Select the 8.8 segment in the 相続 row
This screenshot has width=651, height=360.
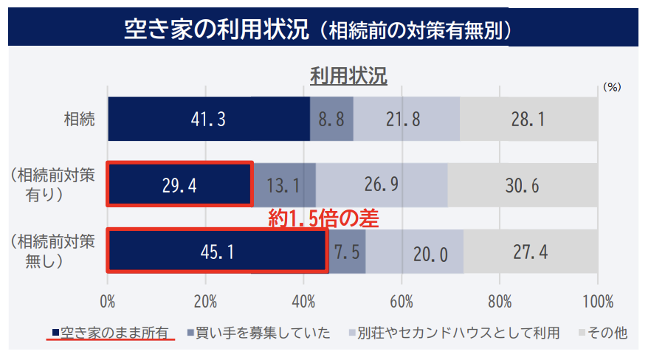331,119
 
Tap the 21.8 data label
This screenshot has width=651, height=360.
406,119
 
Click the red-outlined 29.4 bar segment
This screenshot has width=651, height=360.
179,184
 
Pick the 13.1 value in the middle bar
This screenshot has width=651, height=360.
283,185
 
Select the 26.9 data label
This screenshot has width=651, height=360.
382,184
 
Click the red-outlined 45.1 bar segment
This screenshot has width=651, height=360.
217,251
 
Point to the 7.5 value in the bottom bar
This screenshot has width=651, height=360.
347,252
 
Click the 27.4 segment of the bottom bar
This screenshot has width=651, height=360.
530,251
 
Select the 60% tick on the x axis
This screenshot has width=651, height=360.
402,302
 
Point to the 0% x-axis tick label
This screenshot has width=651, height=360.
108,302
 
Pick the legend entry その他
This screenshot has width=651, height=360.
607,333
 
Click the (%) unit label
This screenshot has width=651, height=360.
612,86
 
